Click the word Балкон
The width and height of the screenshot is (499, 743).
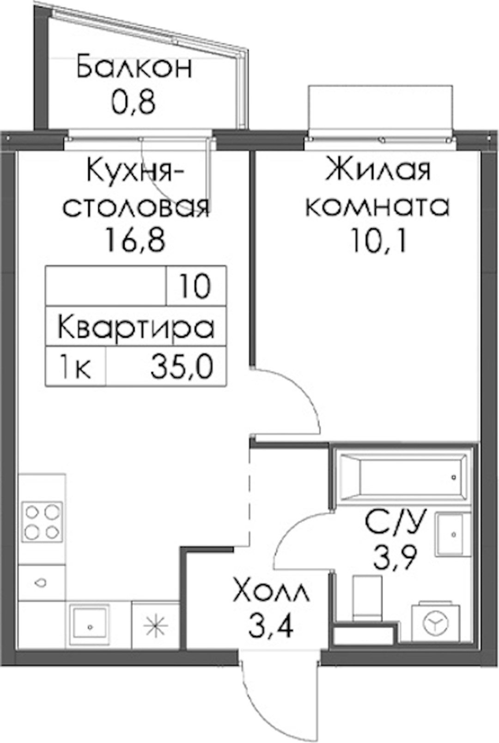pos(134,68)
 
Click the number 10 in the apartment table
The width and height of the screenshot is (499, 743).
pos(195,286)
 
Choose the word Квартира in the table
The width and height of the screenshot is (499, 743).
pos(136,327)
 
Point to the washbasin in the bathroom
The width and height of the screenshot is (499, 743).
pos(453,534)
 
